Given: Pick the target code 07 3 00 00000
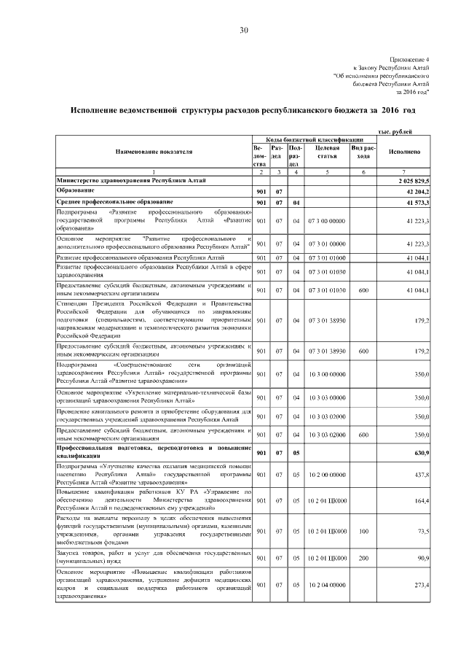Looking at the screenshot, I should click(x=327, y=220).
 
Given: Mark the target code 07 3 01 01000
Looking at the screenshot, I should click(x=327, y=257).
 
